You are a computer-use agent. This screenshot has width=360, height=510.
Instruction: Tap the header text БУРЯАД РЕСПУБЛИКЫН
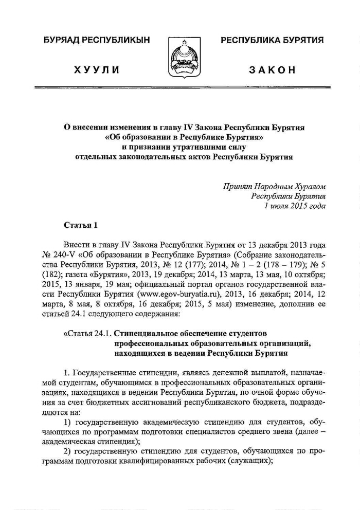click(91, 41)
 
